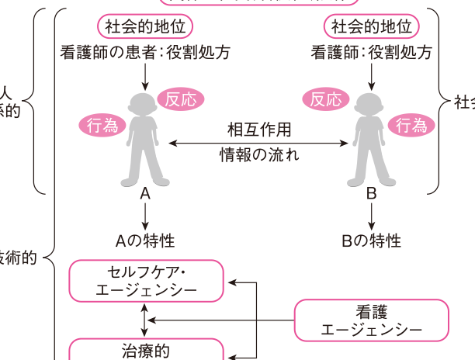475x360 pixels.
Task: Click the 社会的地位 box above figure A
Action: coord(145,26)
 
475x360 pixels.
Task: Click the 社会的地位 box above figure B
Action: coord(371,26)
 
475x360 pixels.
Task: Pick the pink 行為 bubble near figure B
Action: coord(411,124)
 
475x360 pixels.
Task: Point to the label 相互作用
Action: coord(259,129)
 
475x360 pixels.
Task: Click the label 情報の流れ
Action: coord(259,154)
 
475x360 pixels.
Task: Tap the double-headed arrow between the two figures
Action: coord(259,142)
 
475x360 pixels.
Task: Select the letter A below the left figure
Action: coord(144,195)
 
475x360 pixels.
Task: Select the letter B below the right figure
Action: coord(371,195)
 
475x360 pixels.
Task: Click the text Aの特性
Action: coord(144,241)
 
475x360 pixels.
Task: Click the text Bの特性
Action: coord(371,241)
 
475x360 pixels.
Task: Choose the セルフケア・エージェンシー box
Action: coord(147,281)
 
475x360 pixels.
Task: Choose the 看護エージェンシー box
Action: coord(372,320)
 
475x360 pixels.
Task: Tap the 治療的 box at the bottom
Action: coord(147,350)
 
